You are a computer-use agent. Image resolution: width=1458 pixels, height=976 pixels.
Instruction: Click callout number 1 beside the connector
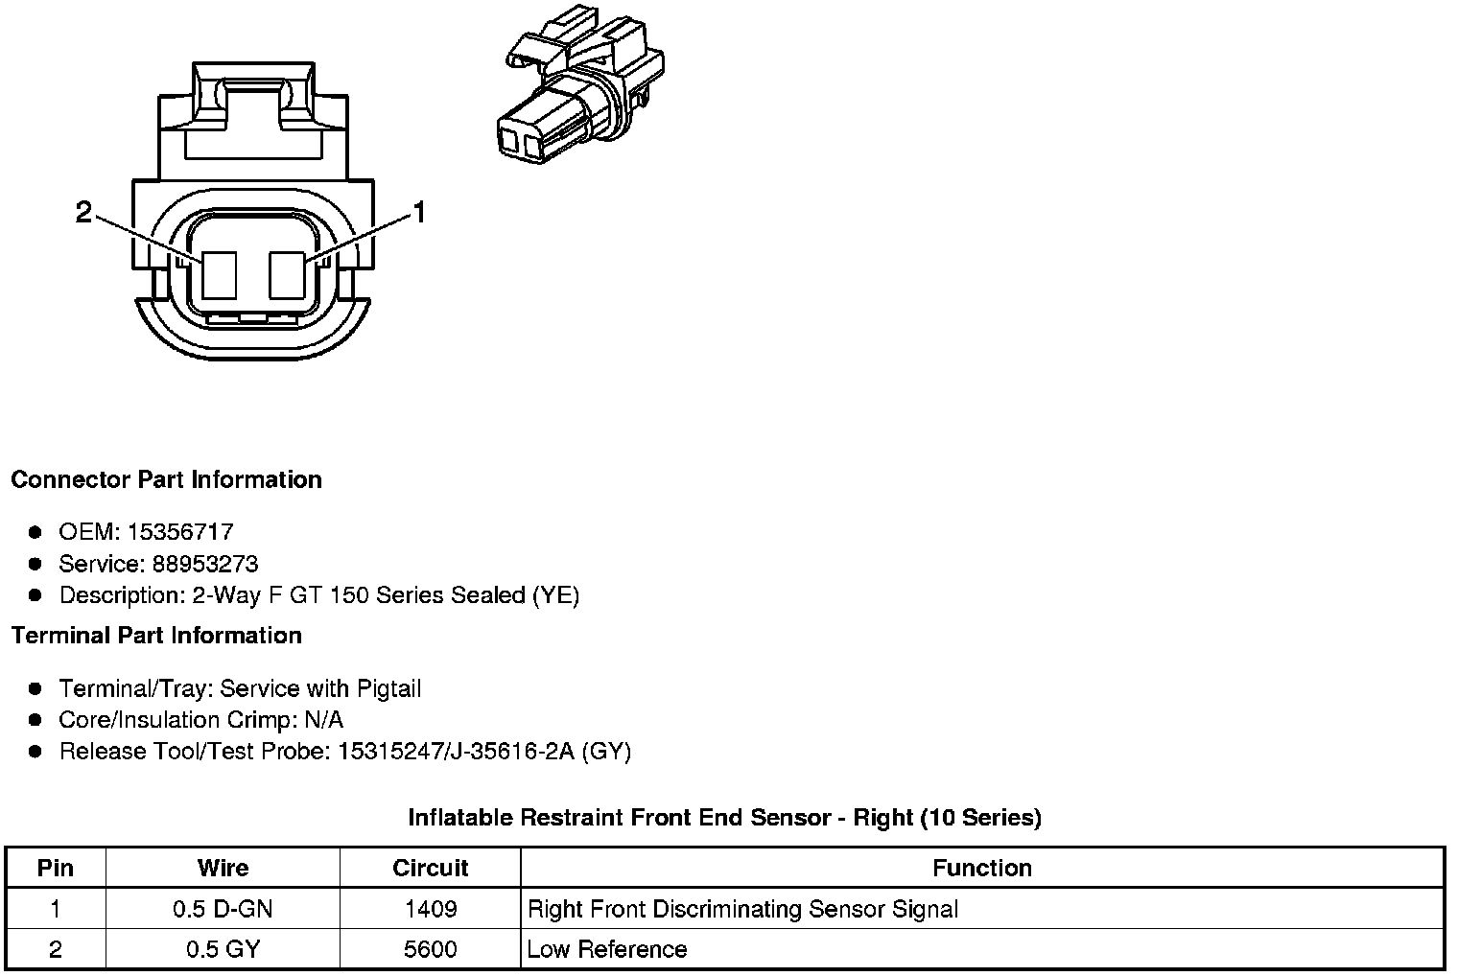[x=418, y=212]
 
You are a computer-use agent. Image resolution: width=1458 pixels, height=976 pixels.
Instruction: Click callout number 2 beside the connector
[x=84, y=212]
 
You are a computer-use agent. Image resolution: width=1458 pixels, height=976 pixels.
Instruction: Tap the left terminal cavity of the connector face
[x=220, y=274]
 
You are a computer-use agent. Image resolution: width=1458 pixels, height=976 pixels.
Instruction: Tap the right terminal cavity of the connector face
[x=287, y=274]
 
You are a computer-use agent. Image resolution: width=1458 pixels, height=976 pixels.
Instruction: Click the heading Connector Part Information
[x=166, y=479]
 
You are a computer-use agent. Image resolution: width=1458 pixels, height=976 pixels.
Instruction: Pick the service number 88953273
[x=204, y=563]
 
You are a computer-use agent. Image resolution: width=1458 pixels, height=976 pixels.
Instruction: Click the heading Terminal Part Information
[x=156, y=635]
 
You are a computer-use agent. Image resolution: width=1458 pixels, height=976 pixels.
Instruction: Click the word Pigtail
[x=388, y=688]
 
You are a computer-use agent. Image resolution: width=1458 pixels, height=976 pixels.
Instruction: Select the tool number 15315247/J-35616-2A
[x=456, y=751]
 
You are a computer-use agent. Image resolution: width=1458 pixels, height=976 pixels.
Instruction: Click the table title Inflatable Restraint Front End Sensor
[x=724, y=817]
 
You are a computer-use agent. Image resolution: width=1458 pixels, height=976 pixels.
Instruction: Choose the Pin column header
[x=55, y=868]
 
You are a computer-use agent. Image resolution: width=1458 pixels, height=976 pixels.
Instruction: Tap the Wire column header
[x=223, y=868]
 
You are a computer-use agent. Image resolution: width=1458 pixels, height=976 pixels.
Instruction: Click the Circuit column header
[x=430, y=868]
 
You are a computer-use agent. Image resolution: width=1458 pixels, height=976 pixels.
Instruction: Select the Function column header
[x=981, y=868]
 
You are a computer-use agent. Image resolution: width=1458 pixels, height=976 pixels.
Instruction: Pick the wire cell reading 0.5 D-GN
[x=223, y=909]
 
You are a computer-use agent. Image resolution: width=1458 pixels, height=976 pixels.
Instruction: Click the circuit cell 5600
[x=430, y=949]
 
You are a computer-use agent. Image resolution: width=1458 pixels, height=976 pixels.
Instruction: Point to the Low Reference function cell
[x=606, y=949]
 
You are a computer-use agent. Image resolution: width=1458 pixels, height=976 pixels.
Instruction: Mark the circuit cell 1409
[x=430, y=909]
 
